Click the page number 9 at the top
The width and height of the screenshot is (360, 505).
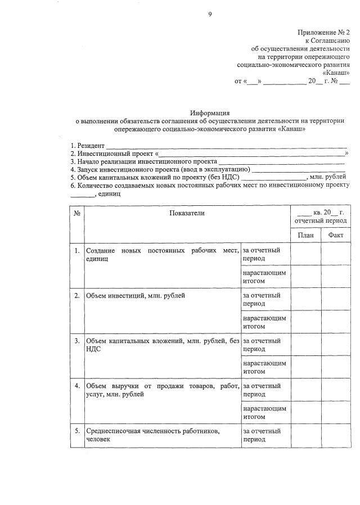coord(210,14)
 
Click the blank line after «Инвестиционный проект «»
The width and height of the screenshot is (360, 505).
coord(252,153)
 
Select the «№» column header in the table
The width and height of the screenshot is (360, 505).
coord(76,213)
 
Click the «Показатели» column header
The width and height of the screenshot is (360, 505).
coord(187,213)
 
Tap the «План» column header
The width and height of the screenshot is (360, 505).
coord(305,235)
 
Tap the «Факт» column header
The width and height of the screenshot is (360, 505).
coord(335,235)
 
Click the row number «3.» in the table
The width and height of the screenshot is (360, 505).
coord(76,340)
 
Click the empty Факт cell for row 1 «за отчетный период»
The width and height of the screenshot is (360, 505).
coord(335,254)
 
